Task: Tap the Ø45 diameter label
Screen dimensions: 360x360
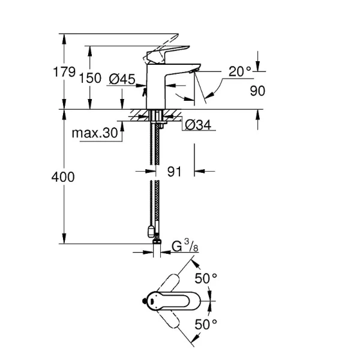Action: click(122, 79)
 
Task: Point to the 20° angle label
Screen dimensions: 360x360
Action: click(240, 71)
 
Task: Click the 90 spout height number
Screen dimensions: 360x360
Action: click(257, 91)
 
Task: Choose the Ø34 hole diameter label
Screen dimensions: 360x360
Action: click(197, 125)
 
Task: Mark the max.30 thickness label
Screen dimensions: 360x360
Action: click(94, 133)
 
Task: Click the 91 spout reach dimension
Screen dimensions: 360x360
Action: click(174, 172)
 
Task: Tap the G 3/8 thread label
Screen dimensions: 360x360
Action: click(185, 245)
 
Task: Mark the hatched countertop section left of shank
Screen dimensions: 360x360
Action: click(139, 114)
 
